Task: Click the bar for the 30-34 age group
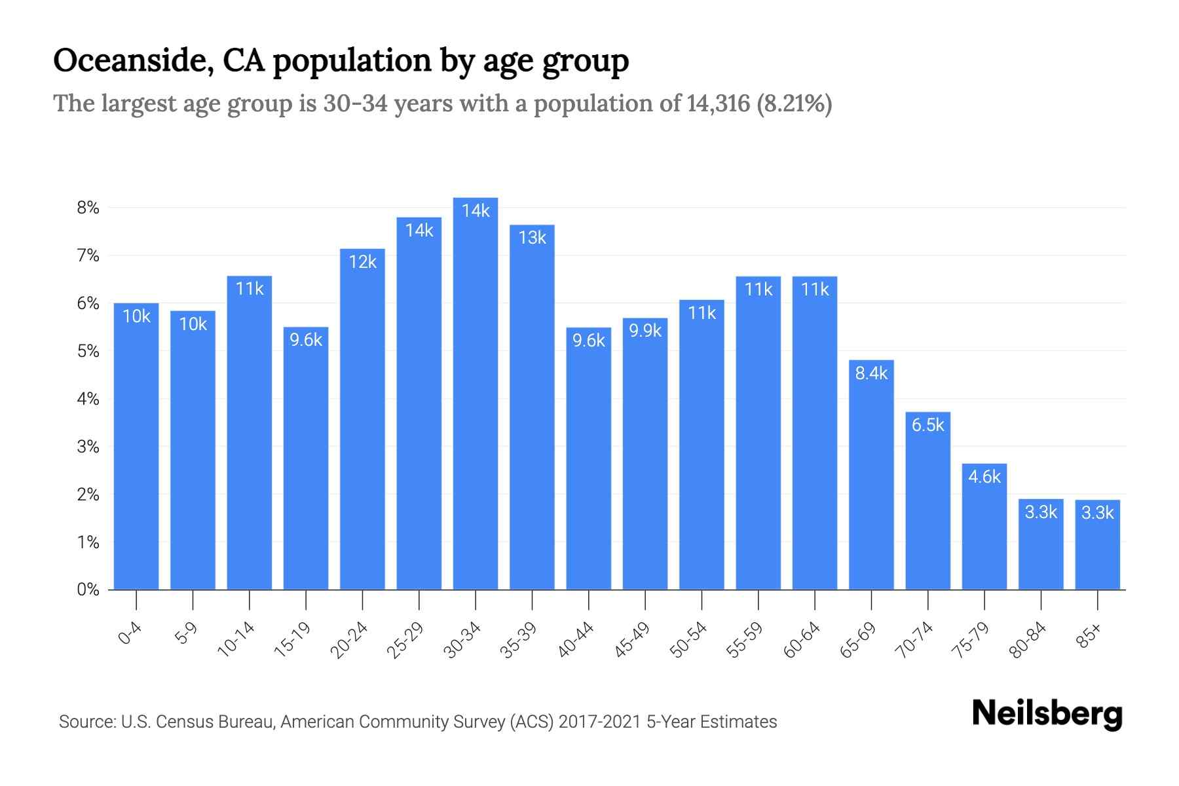476,393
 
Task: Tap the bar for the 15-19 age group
306,458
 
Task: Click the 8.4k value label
871,373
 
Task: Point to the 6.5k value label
927,425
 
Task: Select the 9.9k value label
645,331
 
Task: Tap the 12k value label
362,262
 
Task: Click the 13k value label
532,238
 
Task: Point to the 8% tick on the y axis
88,208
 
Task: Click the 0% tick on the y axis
88,589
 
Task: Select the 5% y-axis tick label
88,351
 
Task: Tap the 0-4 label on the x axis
130,633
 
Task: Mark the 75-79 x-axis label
971,640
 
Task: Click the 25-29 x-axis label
405,640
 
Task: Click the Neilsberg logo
1047,714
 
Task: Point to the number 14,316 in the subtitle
718,103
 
